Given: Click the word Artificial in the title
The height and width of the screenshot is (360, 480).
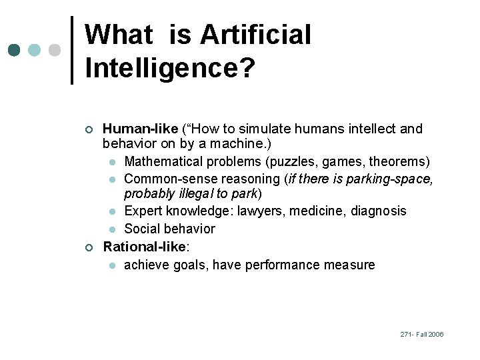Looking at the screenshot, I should tap(255, 35).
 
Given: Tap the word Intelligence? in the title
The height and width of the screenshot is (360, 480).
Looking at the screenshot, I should tap(169, 68).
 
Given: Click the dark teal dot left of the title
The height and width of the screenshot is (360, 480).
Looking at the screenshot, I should tap(15, 50).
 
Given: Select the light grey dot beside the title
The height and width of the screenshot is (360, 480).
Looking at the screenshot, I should tap(55, 50).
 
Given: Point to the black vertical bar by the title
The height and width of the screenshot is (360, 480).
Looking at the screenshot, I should tap(72, 50).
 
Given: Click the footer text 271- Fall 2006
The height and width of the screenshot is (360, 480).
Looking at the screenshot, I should tap(422, 334).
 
